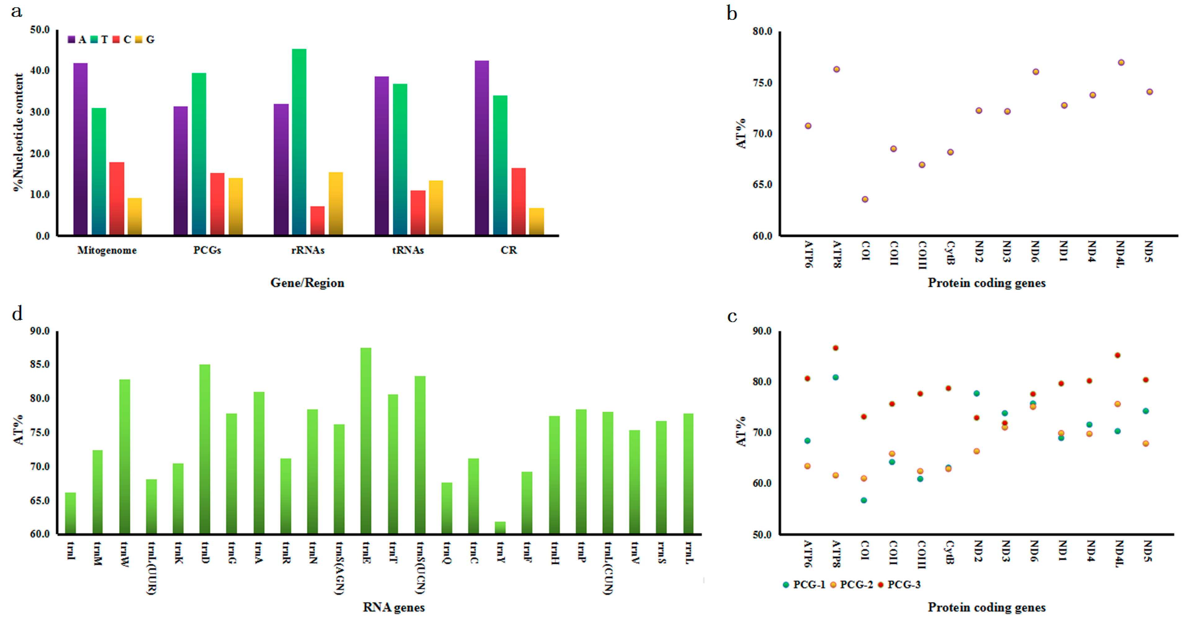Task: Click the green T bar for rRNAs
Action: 299,142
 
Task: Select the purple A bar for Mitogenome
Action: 80,149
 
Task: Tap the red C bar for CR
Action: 519,202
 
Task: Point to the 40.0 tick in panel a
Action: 40,70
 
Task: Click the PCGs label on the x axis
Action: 207,250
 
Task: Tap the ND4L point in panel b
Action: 1121,62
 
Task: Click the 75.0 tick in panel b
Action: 762,83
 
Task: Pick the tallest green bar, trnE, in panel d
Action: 366,441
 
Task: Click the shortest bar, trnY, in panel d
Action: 500,528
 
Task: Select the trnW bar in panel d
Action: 124,457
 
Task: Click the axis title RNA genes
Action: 394,607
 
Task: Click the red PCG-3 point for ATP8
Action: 835,348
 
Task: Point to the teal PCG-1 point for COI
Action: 864,500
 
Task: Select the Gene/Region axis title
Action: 307,283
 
